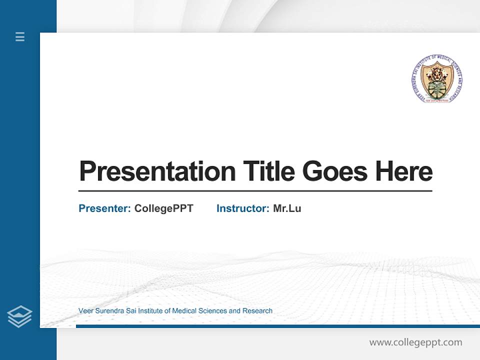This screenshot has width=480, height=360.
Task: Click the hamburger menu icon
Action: coord(20,36)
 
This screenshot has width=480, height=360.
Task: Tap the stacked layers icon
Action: coord(19,316)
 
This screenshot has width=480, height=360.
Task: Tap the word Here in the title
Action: coord(404,171)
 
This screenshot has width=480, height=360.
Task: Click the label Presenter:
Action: coord(105,208)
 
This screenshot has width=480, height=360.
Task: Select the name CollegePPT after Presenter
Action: coord(163,208)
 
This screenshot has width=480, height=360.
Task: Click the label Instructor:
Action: coord(243,208)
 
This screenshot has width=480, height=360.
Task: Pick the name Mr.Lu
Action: coord(287,208)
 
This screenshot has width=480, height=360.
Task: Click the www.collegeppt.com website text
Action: coord(415,342)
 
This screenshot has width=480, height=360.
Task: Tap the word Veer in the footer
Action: coord(85,311)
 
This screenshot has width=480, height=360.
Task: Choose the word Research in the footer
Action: coord(257,311)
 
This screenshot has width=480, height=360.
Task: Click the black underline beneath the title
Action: coord(255,191)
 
